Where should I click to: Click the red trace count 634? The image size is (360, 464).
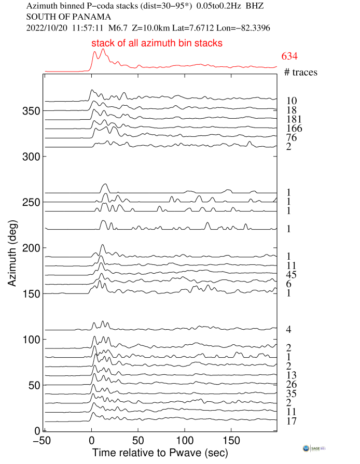[289, 57]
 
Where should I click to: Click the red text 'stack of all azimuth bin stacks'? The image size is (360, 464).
[157, 44]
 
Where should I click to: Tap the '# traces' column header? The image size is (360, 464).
[301, 73]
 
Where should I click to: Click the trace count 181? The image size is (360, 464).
[294, 119]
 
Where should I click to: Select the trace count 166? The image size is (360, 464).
[294, 129]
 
